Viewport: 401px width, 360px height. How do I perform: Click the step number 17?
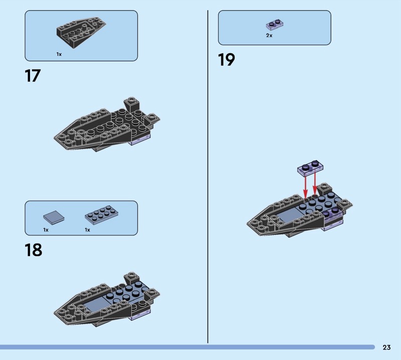(x=33, y=76)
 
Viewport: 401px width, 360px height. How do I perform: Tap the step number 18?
(x=34, y=250)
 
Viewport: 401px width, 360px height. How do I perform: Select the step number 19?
(x=227, y=60)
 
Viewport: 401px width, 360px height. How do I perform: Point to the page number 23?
(x=386, y=347)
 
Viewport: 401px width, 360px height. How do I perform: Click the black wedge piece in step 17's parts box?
(x=81, y=33)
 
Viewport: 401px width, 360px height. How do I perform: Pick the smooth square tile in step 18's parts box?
(x=54, y=218)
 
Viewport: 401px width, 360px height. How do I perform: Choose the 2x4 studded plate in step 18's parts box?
(x=102, y=213)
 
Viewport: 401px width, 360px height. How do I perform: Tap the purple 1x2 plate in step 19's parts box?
(x=275, y=25)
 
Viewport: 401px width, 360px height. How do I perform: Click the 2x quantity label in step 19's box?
(x=269, y=36)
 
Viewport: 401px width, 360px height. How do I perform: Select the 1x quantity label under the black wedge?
(x=59, y=54)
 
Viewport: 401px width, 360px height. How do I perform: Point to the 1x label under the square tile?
(x=46, y=230)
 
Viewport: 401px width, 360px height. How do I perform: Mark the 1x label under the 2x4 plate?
(x=87, y=230)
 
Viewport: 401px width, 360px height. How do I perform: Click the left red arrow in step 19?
(x=305, y=187)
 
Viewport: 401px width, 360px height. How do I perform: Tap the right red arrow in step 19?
(x=315, y=183)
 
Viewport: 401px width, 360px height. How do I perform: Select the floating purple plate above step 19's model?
(x=310, y=168)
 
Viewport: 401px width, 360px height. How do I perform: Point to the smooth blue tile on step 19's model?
(x=287, y=216)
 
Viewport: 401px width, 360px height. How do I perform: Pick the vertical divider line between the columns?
(x=208, y=176)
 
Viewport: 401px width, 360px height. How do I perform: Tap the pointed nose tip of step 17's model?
(x=55, y=138)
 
